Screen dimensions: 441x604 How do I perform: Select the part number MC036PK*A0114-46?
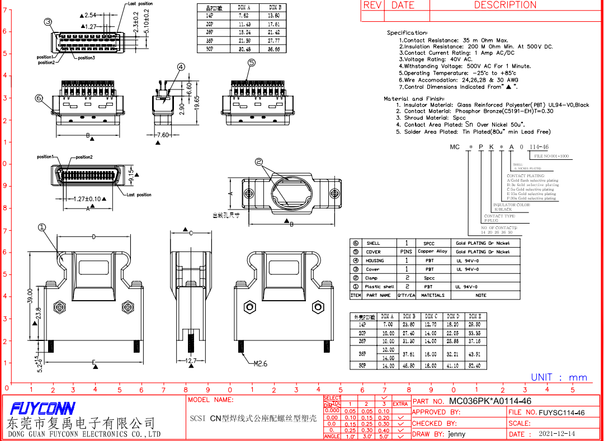[490, 401]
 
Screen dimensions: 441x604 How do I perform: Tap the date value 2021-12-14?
[556, 434]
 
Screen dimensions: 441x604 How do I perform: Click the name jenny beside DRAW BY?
[456, 434]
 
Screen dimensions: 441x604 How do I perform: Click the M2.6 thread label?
[260, 363]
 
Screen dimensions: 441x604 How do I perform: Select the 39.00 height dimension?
[31, 296]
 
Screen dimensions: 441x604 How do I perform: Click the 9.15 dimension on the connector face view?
[131, 173]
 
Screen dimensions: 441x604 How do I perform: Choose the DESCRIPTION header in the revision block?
[505, 5]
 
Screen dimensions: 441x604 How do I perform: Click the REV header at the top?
[372, 5]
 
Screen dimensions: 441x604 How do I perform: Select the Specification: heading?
[407, 33]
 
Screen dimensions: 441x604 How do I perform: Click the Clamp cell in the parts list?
[372, 278]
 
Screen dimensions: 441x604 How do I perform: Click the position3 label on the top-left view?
[86, 58]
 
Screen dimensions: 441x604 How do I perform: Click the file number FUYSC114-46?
[562, 412]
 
